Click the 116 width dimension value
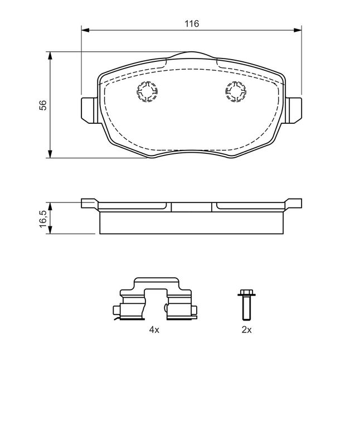click(x=192, y=23)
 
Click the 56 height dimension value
click(x=43, y=105)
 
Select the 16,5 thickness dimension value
click(x=43, y=219)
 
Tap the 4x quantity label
click(x=154, y=329)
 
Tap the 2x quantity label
click(x=246, y=329)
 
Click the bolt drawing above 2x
click(x=246, y=304)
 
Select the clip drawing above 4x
click(x=155, y=299)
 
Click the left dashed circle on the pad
click(x=148, y=91)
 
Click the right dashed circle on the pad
click(x=236, y=91)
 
